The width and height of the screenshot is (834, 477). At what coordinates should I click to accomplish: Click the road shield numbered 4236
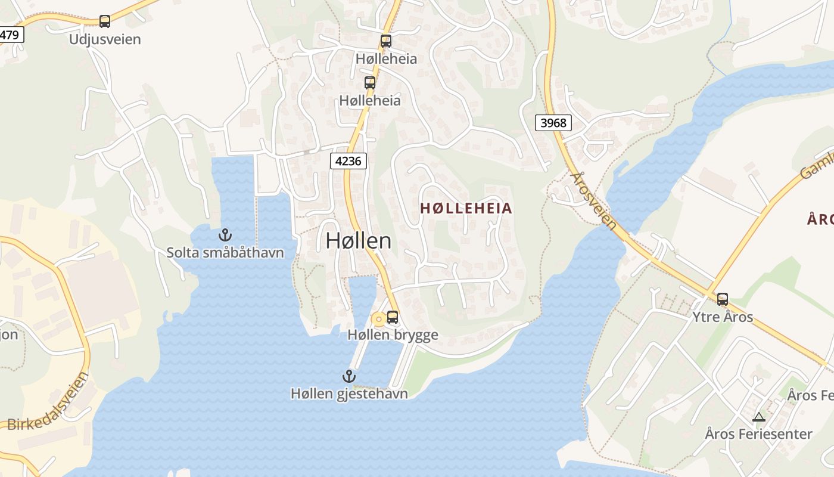tap(348, 161)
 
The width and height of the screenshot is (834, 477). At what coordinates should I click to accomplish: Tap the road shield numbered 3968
tap(553, 123)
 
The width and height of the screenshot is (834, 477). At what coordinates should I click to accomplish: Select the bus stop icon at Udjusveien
tap(105, 21)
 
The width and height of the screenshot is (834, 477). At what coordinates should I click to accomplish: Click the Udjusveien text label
tap(105, 39)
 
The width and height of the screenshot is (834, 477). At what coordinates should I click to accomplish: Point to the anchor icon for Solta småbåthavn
tap(225, 234)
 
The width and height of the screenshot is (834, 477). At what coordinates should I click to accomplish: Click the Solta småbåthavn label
tap(225, 253)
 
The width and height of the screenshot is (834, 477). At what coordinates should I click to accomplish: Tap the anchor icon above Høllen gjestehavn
tap(349, 376)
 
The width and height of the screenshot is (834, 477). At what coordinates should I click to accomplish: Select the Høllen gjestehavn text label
tap(349, 394)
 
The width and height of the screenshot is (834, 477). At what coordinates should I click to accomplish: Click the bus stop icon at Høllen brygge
tap(393, 317)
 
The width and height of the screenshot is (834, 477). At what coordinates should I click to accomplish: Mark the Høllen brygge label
tap(393, 335)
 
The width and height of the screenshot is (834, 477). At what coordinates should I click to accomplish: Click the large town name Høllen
tap(359, 240)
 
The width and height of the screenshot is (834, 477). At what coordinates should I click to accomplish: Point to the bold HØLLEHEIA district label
tap(466, 208)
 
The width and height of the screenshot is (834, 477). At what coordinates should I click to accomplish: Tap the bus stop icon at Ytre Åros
tap(723, 299)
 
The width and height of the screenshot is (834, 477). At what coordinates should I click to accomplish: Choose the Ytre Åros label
tap(723, 317)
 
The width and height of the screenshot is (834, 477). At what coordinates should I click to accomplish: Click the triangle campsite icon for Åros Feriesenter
tap(758, 417)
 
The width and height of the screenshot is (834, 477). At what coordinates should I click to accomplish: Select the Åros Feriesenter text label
tap(758, 434)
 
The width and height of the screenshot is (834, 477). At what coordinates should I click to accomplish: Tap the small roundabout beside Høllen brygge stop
tap(378, 320)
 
